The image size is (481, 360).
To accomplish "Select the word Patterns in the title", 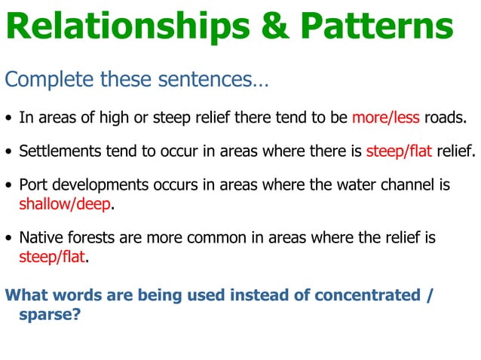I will pyautogui.click(x=377, y=28).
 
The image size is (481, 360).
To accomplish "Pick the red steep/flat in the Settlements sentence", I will pyautogui.click(x=399, y=151).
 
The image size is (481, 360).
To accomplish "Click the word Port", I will pyautogui.click(x=32, y=185).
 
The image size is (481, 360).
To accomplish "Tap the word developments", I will pyautogui.click(x=90, y=185).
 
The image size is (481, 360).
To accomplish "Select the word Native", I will pyautogui.click(x=38, y=238).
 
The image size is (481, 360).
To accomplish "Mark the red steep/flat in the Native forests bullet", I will pyautogui.click(x=52, y=257).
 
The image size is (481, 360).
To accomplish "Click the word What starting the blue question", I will pyautogui.click(x=26, y=294).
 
